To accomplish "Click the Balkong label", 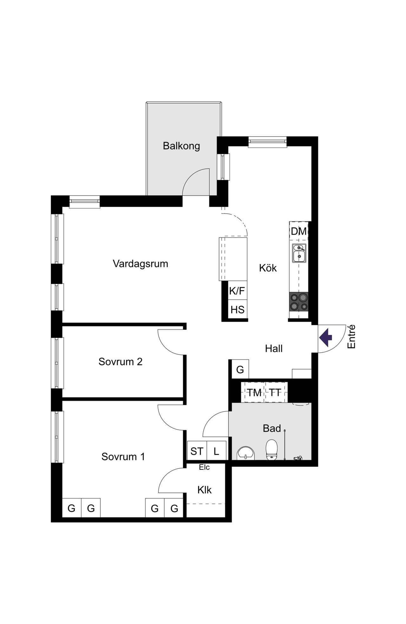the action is point(181,146).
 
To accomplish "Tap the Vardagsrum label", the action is point(141,264).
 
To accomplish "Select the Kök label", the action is point(268,268).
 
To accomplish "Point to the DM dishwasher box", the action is point(299,231).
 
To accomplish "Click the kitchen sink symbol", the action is point(299,253).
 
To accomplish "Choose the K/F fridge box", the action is point(237,291).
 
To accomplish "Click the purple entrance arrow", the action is point(325,338).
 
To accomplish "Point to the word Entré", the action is point(351,337).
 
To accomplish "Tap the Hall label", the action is point(274,349).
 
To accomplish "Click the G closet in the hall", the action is point(240,369).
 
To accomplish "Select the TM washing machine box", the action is point(254,393).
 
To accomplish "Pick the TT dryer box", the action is point(276,393).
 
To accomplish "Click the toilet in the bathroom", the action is point(272,449).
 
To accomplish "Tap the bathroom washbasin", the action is point(246,453).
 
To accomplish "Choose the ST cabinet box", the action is point(197,451).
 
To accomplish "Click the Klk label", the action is point(204,490).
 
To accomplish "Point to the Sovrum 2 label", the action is point(121,362).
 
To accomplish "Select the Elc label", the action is point(204,467).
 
